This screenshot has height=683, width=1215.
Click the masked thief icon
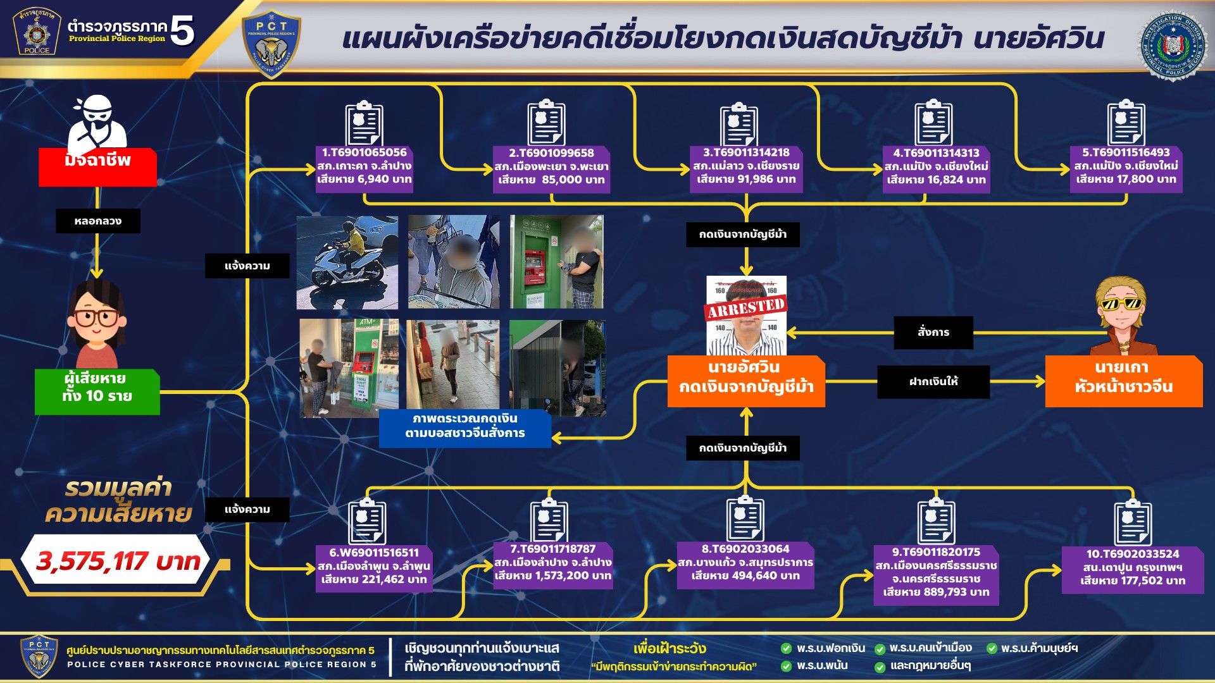point(97,123)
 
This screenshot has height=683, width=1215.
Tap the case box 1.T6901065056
point(364,166)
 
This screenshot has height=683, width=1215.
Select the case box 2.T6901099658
point(551,167)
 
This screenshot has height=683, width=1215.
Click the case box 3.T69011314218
point(746,166)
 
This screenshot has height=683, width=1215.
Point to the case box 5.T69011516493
point(1126,166)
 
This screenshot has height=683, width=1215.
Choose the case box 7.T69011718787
point(552,563)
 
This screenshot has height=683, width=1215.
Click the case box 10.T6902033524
point(1132,568)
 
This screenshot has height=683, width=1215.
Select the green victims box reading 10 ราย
point(97,388)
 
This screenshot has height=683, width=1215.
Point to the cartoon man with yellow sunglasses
point(1123,316)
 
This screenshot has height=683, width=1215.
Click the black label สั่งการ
point(933,333)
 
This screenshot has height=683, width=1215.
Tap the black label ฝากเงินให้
point(933,382)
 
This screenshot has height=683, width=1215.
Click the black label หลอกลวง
point(97,221)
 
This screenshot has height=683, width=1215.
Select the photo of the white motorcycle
point(347,262)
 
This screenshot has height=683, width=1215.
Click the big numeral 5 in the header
point(182,30)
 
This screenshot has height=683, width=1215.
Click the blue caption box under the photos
point(465,426)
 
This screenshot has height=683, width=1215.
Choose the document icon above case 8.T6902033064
point(745,519)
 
